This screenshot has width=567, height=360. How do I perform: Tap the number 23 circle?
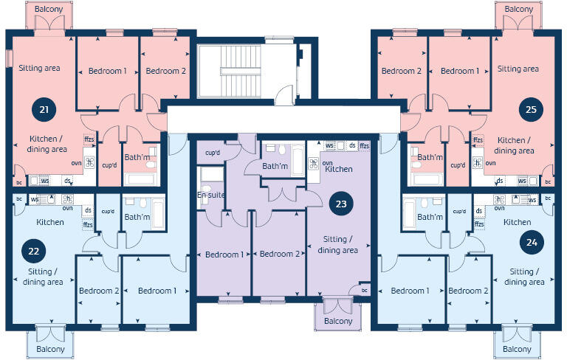click(340, 203)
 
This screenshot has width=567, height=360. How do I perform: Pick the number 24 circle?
click(528, 241)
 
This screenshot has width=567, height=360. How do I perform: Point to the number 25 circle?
click(531, 108)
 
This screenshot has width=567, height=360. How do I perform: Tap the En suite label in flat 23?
click(211, 195)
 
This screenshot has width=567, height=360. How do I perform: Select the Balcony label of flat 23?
click(338, 322)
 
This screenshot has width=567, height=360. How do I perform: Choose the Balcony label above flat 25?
click(519, 9)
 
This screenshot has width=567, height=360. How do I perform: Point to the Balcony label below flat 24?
click(516, 349)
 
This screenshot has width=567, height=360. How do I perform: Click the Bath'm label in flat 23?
click(275, 166)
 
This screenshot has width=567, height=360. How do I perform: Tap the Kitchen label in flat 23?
click(338, 169)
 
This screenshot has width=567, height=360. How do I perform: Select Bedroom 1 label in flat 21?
click(108, 71)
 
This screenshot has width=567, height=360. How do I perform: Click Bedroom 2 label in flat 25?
click(402, 71)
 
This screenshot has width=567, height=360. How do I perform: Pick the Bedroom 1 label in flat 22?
click(157, 290)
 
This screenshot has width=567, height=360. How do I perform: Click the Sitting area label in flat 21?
click(40, 68)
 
